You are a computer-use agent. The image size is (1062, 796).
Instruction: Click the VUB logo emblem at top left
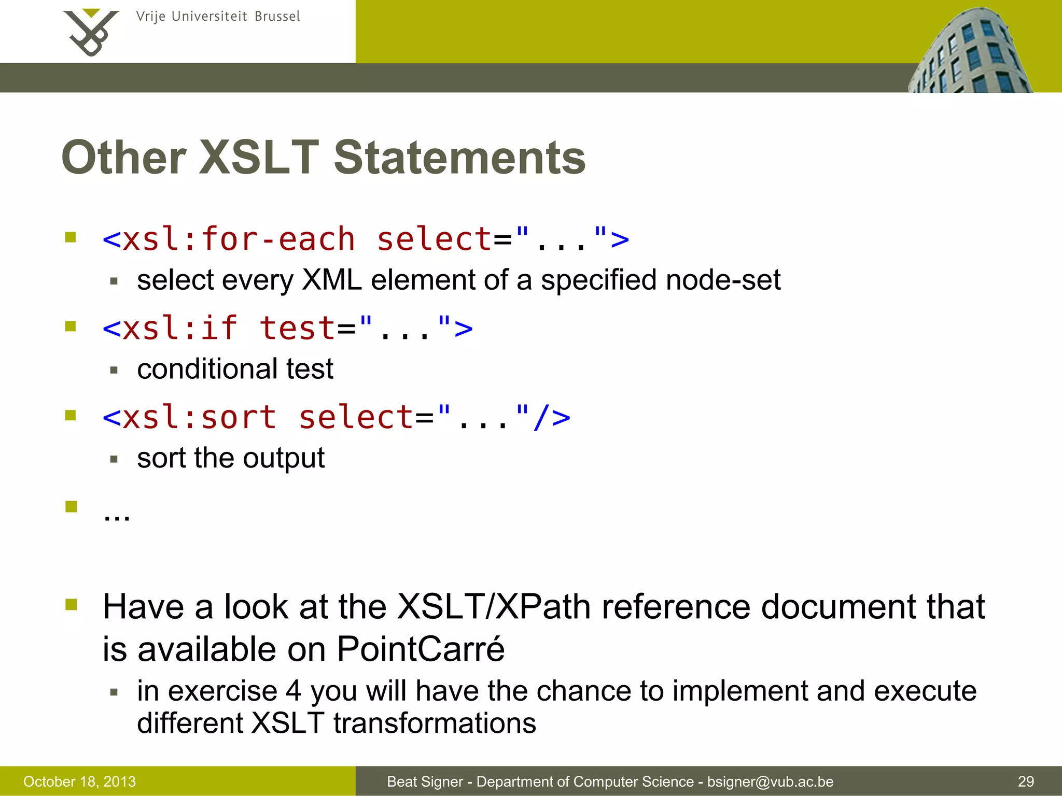pyautogui.click(x=91, y=32)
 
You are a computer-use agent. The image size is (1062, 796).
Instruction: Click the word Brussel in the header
pyautogui.click(x=277, y=17)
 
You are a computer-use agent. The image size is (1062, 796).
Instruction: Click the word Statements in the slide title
pyautogui.click(x=459, y=158)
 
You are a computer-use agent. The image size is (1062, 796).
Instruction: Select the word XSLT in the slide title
pyautogui.click(x=259, y=158)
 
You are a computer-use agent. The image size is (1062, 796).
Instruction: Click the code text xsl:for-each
pyautogui.click(x=239, y=239)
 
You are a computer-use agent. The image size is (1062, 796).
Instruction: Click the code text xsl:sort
pyautogui.click(x=200, y=417)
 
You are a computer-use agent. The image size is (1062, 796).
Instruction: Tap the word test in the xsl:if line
pyautogui.click(x=297, y=329)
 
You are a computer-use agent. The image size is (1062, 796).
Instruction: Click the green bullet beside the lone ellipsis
pyautogui.click(x=72, y=506)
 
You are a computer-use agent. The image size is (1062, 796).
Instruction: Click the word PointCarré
pyautogui.click(x=420, y=649)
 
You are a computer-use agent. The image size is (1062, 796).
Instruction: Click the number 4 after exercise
pyautogui.click(x=293, y=691)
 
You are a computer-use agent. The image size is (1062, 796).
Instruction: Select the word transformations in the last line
pyautogui.click(x=435, y=723)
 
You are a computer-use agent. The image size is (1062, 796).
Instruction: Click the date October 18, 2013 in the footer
pyautogui.click(x=79, y=781)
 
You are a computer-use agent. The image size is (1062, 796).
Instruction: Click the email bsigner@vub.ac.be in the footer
pyautogui.click(x=770, y=781)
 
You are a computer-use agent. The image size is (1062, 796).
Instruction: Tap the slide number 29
pyautogui.click(x=1026, y=781)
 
